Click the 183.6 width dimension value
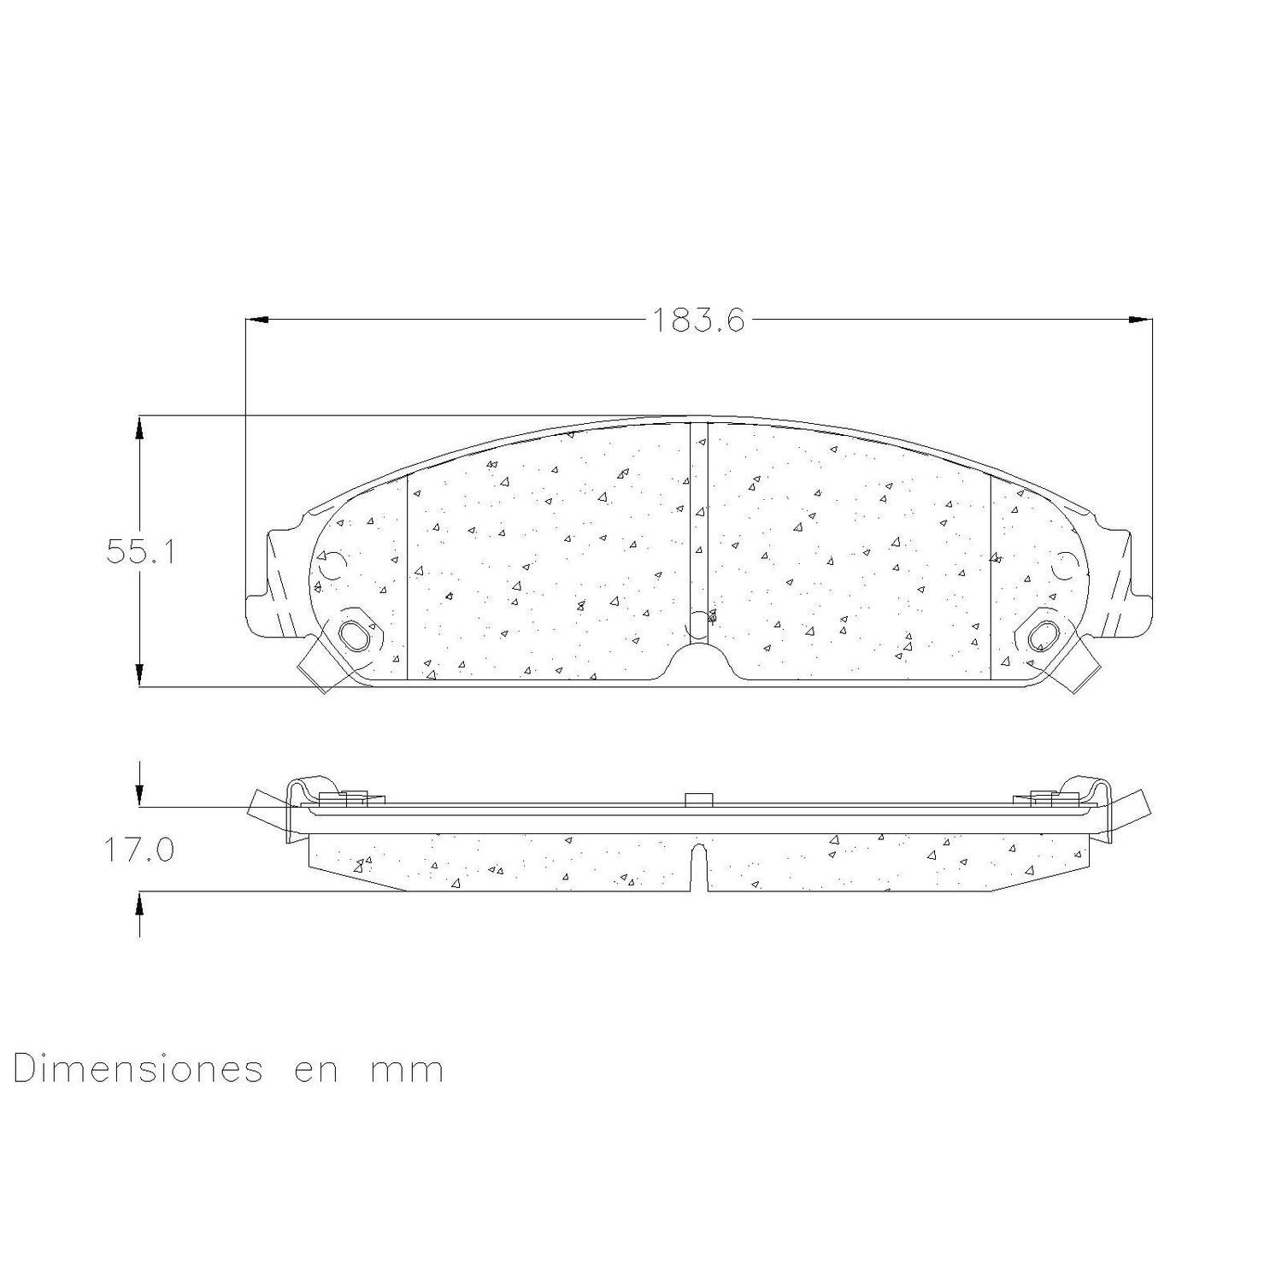click(698, 320)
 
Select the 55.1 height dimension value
click(141, 551)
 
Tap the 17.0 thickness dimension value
click(139, 850)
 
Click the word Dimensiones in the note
click(138, 1069)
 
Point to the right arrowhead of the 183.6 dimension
click(1140, 320)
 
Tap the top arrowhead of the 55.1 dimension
click(139, 427)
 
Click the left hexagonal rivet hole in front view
click(356, 634)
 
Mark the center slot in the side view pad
click(699, 865)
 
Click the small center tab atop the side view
click(699, 799)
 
